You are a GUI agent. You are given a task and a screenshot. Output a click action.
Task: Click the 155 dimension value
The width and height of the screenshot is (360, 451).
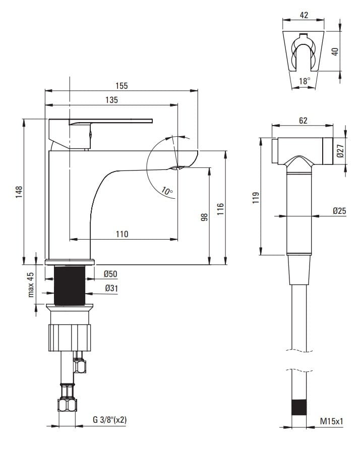click(122, 86)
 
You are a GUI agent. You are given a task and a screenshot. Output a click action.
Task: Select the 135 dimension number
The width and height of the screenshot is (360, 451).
click(111, 100)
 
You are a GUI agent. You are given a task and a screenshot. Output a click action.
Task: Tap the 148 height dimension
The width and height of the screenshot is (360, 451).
click(19, 192)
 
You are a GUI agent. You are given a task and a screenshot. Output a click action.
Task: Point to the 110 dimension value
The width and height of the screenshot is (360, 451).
click(122, 234)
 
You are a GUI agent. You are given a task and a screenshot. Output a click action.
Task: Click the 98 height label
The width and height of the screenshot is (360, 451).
click(204, 217)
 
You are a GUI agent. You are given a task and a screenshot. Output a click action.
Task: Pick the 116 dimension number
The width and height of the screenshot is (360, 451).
click(220, 209)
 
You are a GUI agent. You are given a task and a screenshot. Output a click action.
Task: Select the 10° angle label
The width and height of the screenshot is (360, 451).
click(167, 191)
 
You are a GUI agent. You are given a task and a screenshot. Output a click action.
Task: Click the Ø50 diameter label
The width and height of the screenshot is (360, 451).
click(111, 274)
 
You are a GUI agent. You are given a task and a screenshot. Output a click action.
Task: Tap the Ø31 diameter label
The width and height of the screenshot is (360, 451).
click(111, 288)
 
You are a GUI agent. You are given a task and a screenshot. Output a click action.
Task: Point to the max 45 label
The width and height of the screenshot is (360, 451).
click(31, 285)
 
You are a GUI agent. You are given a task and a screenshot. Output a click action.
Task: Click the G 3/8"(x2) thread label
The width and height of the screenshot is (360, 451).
click(109, 420)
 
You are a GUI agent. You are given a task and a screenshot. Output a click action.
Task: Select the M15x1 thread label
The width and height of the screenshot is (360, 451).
click(332, 421)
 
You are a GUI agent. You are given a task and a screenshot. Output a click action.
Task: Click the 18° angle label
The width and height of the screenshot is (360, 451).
click(305, 81)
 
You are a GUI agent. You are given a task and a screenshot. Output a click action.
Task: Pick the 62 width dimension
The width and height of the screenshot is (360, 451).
click(303, 121)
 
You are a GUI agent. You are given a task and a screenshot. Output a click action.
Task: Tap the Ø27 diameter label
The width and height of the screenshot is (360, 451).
click(340, 151)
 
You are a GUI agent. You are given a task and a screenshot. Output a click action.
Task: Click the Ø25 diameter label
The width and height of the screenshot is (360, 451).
click(340, 211)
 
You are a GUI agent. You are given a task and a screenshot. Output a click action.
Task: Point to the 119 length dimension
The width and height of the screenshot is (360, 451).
click(256, 198)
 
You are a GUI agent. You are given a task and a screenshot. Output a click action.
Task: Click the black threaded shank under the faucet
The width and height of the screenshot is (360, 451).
click(70, 286)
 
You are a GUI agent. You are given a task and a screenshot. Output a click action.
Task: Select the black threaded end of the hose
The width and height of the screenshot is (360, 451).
click(299, 407)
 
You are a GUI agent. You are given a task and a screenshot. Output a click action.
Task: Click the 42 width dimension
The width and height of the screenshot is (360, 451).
click(304, 15)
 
